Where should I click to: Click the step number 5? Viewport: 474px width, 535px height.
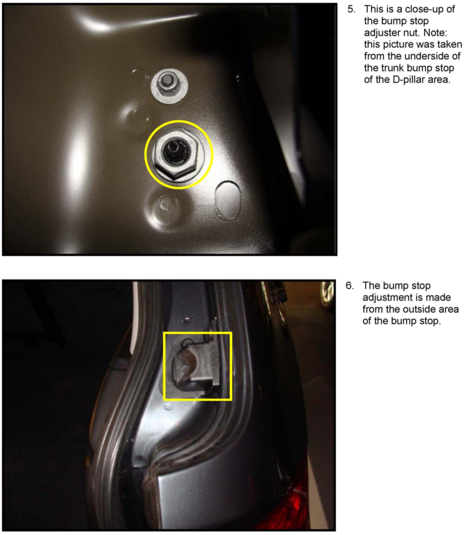point(352,9)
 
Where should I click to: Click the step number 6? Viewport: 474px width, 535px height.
point(350,286)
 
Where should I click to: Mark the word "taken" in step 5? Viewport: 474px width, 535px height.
point(450,45)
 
